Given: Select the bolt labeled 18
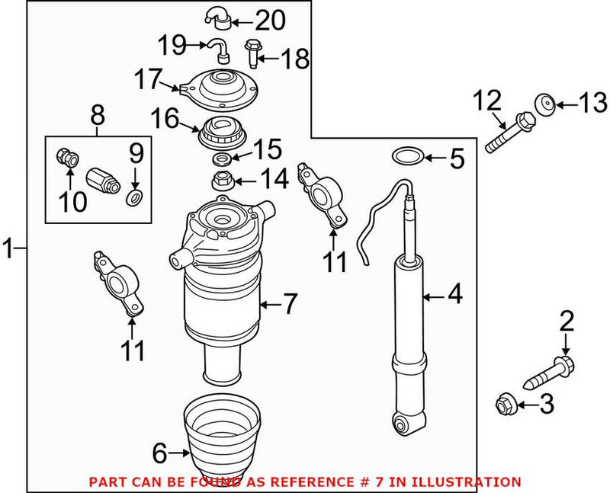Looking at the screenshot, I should click(252, 53).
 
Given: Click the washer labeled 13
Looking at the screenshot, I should click(545, 104).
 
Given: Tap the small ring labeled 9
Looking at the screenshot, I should click(133, 199).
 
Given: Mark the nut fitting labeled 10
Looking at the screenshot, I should click(66, 158).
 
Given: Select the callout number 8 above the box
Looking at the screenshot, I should click(98, 116).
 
